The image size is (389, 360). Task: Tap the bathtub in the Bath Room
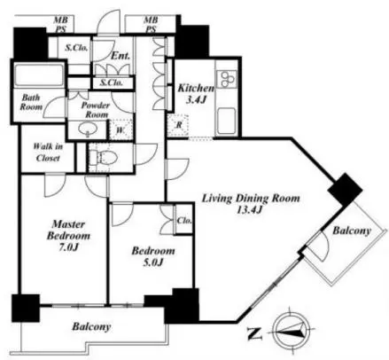[39, 74]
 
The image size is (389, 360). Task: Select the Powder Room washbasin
[87, 129]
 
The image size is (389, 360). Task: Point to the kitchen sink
[227, 121]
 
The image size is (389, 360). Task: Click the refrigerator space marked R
[178, 125]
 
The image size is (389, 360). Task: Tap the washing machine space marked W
[121, 129]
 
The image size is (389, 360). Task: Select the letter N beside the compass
[254, 333]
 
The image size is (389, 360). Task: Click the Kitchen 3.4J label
[196, 94]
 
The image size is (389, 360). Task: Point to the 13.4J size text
[250, 209]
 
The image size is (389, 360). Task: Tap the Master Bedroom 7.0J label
[68, 236]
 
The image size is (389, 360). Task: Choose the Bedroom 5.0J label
[153, 256]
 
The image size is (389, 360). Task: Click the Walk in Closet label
[48, 152]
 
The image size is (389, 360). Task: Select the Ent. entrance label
[121, 56]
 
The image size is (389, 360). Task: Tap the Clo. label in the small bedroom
[184, 221]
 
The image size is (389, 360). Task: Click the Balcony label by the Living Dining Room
[352, 231]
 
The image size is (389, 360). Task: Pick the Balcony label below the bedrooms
[91, 326]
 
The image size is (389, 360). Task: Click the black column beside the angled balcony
[346, 189]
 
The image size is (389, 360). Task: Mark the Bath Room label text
[31, 102]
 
